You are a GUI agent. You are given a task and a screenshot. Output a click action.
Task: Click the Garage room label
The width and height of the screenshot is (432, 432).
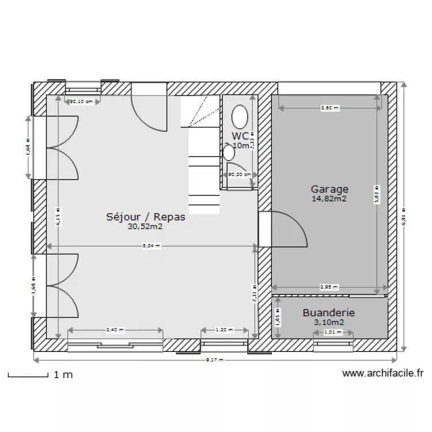tap(329, 189)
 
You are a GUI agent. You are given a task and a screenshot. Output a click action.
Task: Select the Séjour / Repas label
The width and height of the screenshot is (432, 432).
tap(146, 217)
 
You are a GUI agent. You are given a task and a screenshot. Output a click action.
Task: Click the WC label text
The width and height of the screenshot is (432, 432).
tap(240, 135)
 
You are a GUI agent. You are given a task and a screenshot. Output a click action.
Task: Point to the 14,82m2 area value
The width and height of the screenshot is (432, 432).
tap(329, 199)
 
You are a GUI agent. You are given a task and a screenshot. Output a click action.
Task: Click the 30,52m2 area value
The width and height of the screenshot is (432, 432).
tap(145, 227)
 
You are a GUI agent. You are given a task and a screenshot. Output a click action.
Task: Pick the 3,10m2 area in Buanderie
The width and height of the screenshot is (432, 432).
tap(328, 323)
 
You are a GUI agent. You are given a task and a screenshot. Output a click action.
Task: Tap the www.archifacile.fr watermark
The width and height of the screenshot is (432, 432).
tap(382, 373)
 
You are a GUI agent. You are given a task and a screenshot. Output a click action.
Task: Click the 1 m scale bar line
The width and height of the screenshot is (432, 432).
tap(28, 377)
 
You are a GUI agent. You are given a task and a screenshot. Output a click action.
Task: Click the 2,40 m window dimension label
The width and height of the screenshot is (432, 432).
tap(115, 330)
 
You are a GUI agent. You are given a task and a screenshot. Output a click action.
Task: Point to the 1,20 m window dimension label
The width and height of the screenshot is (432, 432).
tap(225, 330)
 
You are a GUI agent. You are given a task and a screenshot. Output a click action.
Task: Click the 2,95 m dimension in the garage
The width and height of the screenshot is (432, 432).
tap(329, 287)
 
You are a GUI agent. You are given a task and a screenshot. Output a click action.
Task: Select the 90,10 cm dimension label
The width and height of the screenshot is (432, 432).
tap(81, 102)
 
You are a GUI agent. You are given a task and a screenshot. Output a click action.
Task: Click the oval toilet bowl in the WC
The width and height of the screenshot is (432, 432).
tap(240, 117)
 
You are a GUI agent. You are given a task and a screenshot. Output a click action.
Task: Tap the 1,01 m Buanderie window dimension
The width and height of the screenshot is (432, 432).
tap(329, 332)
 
